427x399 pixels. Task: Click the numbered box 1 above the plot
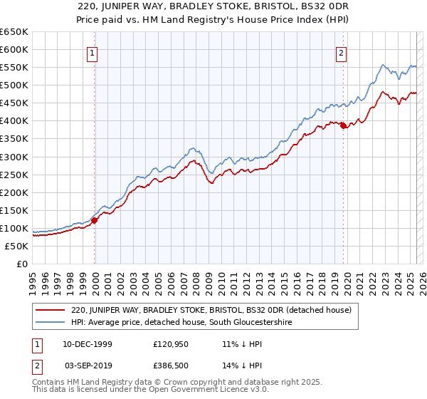pos(94,52)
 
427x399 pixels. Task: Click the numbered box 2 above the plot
pos(342,52)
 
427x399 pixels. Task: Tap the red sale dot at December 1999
pos(95,221)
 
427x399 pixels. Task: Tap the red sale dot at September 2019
pos(344,126)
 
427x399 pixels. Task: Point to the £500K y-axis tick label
pos(14,85)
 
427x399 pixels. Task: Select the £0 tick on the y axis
pos(21,264)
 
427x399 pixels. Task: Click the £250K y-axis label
pos(14,175)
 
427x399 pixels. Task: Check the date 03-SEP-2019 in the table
pos(86,364)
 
